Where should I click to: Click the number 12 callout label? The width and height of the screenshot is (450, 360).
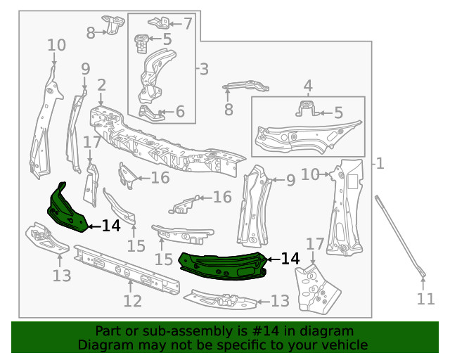coord(132,301)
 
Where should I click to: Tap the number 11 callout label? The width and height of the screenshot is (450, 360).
coord(425,299)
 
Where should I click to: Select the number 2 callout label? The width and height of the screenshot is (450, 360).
coord(101,86)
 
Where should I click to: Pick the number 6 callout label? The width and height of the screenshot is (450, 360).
coord(179,111)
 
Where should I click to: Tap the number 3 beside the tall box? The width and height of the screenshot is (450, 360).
coord(203,69)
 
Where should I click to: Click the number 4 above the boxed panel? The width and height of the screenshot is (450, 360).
coord(307,87)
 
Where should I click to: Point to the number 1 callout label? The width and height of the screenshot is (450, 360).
coord(380,164)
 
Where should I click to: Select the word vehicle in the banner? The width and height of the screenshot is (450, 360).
coord(344,345)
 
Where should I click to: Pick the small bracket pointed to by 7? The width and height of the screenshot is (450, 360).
coord(158,21)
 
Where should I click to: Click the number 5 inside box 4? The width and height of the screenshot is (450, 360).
coord(338,112)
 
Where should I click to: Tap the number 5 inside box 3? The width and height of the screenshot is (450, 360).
coord(167,39)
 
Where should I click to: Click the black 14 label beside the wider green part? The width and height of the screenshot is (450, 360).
coord(290,259)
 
